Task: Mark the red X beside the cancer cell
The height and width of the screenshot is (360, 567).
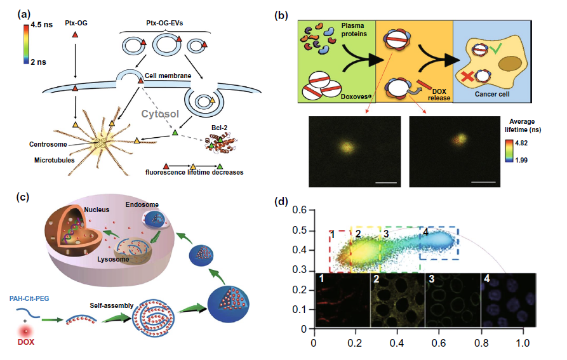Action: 469,77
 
